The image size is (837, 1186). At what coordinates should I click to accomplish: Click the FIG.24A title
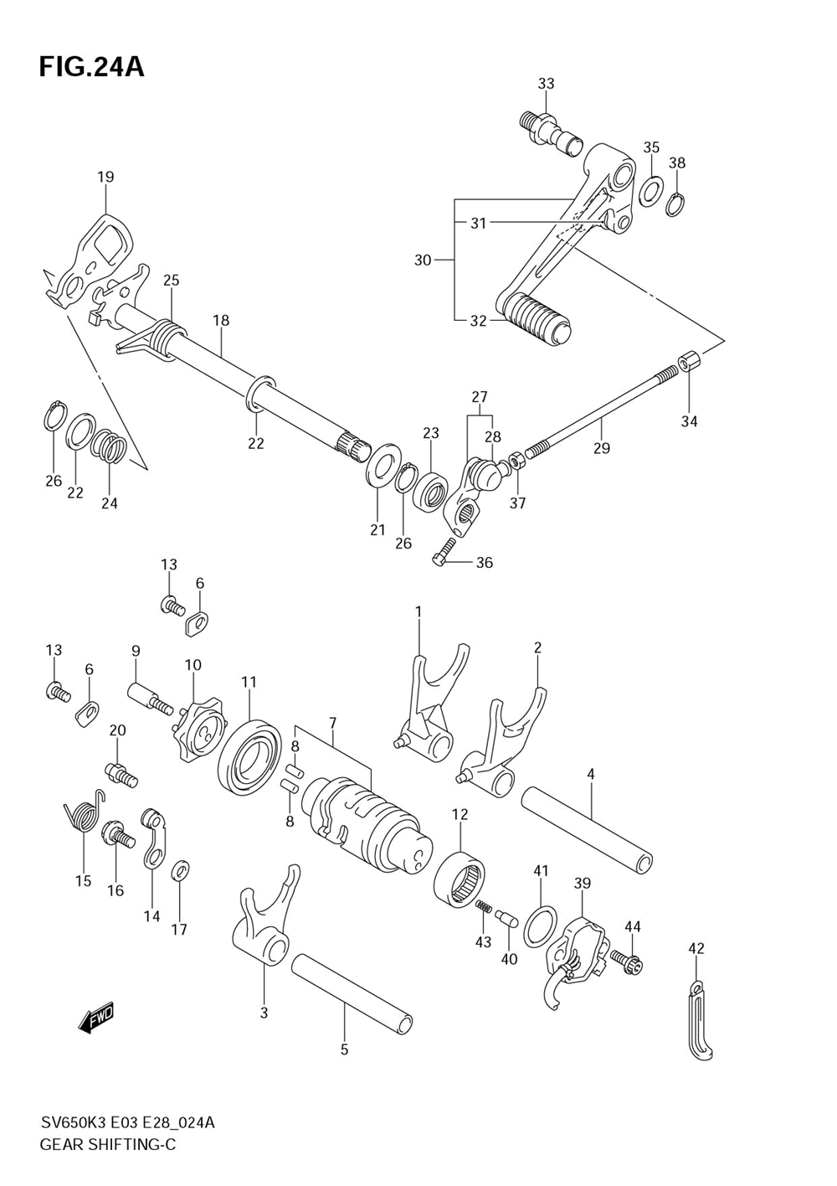point(91,67)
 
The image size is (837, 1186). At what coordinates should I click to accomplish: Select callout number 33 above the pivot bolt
point(546,84)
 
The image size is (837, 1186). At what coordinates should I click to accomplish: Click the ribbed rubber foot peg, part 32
point(536,317)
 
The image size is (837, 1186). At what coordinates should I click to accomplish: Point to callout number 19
point(105,177)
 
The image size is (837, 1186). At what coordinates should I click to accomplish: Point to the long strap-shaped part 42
point(700,1021)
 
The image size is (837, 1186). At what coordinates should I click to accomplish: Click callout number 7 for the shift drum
point(332,723)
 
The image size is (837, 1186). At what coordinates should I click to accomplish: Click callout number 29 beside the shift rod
point(602,448)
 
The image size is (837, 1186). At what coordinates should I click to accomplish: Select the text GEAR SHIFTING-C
point(107,1145)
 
